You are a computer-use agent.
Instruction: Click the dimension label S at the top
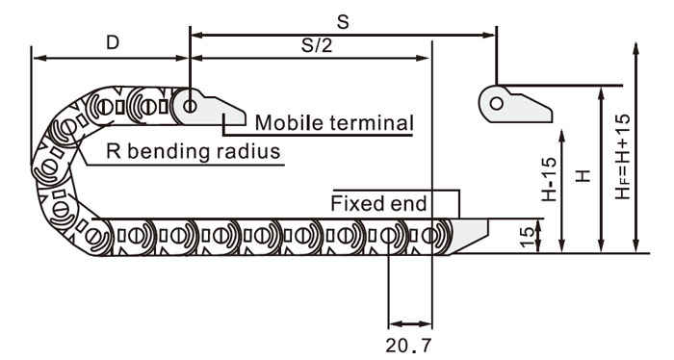(343, 22)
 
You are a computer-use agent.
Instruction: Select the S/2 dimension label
(317, 45)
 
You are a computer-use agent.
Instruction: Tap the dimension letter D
(113, 42)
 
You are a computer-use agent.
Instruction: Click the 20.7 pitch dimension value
(408, 345)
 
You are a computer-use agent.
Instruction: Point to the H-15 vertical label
(549, 179)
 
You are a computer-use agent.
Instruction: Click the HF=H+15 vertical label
(622, 157)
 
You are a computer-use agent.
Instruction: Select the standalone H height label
(583, 176)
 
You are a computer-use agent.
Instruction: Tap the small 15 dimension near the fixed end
(527, 237)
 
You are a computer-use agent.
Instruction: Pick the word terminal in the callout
(372, 123)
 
